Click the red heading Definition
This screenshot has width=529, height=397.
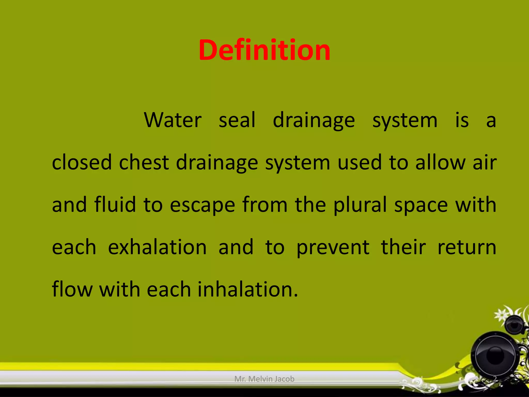[x=264, y=50]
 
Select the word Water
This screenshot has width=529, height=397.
[x=173, y=120]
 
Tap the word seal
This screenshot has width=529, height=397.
[x=237, y=120]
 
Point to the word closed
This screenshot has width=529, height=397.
[x=82, y=162]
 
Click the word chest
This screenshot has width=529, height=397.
[x=144, y=162]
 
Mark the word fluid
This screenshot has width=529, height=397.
[x=115, y=204]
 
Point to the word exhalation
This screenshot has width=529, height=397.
[x=157, y=247]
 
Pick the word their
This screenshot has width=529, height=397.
[x=403, y=247]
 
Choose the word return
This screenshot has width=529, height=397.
[x=467, y=247]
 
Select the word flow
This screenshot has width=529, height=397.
[x=72, y=289]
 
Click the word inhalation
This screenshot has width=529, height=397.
[x=248, y=289]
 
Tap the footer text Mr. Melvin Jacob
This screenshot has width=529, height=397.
[x=264, y=379]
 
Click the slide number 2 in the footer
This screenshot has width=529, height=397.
[x=495, y=379]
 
